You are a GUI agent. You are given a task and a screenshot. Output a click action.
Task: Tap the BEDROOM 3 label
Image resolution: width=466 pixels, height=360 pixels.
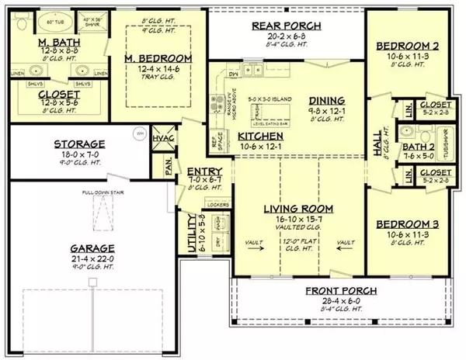(x=408, y=224)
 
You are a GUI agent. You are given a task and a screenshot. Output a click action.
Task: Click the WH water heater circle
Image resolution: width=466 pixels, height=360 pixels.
(x=141, y=131)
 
